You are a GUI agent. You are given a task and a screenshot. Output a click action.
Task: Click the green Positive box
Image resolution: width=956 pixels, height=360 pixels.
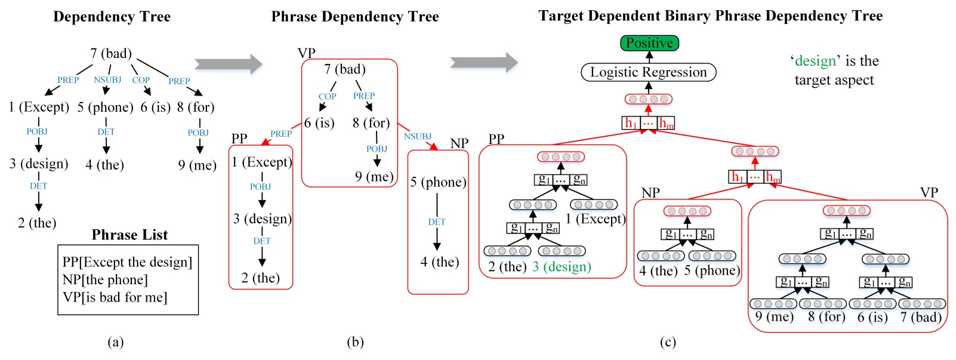coord(649,43)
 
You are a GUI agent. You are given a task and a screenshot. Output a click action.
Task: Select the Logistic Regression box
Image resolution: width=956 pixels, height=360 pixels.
coord(649,72)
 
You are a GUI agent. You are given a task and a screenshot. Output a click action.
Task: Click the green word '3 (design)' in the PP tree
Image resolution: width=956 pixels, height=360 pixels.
coord(562,267)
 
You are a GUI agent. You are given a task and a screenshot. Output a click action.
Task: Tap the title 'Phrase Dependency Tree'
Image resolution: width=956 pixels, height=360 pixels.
coord(355,17)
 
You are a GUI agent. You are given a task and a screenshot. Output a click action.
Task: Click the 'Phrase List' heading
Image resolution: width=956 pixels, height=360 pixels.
coord(129,235)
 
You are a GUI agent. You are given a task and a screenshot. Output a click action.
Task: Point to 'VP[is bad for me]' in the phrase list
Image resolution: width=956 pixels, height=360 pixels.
coord(115,297)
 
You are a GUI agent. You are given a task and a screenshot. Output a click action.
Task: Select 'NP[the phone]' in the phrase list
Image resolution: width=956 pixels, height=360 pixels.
coord(104,279)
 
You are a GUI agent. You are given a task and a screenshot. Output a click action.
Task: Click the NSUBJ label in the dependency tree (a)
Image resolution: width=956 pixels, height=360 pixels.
coord(107,79)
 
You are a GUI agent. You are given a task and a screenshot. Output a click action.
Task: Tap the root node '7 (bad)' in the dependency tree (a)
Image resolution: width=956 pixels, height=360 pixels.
coord(111,54)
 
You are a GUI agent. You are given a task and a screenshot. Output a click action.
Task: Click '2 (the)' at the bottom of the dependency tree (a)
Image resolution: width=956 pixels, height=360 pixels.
coord(37,223)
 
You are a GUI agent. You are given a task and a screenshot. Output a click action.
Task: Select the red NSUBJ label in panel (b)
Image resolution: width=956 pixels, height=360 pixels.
coord(417,136)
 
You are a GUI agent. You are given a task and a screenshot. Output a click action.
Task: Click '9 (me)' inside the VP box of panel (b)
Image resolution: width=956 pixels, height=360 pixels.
coord(374,177)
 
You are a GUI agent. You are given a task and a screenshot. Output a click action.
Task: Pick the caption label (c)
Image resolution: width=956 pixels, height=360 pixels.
coord(668,341)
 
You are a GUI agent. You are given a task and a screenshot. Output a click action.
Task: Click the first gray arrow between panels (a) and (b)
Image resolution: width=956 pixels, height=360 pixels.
coord(228,63)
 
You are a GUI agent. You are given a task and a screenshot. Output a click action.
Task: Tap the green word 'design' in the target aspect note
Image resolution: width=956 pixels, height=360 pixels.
coord(815,61)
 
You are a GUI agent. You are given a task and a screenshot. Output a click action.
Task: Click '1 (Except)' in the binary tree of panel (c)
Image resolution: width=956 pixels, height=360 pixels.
coord(595,219)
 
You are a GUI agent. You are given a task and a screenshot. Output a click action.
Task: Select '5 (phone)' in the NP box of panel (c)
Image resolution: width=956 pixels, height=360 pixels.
coord(711,270)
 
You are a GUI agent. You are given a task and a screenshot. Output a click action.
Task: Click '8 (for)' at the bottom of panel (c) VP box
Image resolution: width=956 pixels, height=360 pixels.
coord(827,317)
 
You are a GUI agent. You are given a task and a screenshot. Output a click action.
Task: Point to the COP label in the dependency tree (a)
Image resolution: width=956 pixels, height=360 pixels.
coord(141,80)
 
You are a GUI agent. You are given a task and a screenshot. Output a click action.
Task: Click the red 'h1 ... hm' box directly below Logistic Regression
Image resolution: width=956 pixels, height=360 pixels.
coord(649,123)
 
